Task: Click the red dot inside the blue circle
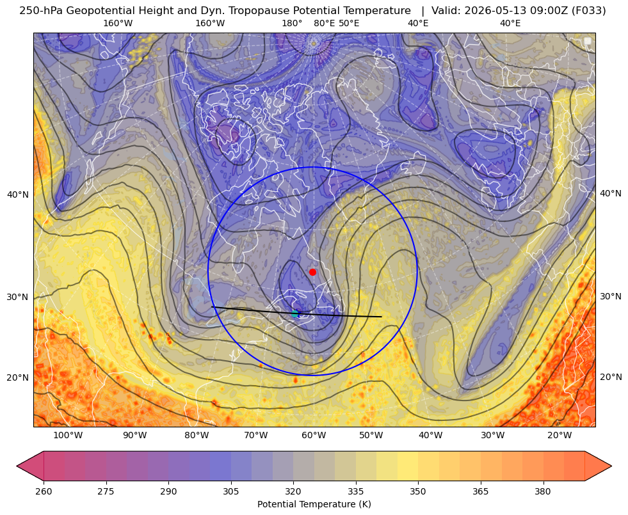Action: click(312, 272)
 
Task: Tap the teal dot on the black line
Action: click(294, 313)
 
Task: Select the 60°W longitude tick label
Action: click(314, 436)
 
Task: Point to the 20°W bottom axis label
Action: click(560, 436)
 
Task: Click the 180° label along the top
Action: click(292, 23)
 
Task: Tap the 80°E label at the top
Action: click(324, 23)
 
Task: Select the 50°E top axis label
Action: click(349, 23)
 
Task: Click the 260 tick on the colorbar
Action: click(44, 491)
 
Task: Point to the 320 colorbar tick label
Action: click(293, 491)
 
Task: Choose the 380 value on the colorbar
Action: click(543, 491)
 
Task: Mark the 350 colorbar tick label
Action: click(418, 491)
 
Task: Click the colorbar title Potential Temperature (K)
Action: click(314, 504)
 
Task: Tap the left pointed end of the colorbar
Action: click(17, 466)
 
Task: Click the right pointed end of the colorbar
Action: click(611, 466)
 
